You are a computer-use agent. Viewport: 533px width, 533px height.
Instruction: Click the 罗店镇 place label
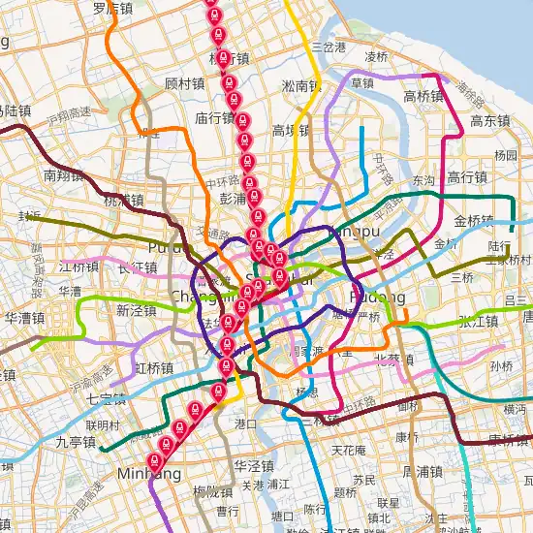pos(112,8)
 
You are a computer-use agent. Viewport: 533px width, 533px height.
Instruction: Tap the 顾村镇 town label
pos(184,83)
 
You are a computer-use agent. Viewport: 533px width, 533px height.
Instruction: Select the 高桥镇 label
pos(423,96)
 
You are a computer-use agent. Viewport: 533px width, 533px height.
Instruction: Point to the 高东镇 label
pos(489,121)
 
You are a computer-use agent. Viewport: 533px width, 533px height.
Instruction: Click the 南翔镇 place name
pos(64,175)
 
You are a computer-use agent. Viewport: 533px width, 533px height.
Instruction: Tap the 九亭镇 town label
pos(76,442)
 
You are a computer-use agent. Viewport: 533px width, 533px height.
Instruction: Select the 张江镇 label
pos(478,321)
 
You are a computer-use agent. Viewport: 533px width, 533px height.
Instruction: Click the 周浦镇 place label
pos(422,471)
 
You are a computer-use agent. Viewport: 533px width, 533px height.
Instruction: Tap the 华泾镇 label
pos(254,464)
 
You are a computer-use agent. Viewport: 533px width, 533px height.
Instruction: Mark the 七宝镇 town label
pos(99,397)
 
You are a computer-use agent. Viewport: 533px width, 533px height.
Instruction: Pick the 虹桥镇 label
pos(154,368)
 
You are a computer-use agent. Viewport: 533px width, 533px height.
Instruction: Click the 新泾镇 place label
pos(136,310)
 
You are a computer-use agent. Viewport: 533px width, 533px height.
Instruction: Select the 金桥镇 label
pos(474,220)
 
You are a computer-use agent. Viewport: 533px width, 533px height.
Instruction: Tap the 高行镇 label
pos(466,177)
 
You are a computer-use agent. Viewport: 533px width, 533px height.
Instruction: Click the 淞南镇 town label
pos(300,85)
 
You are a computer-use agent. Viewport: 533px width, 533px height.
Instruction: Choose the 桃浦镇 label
pos(123,201)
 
